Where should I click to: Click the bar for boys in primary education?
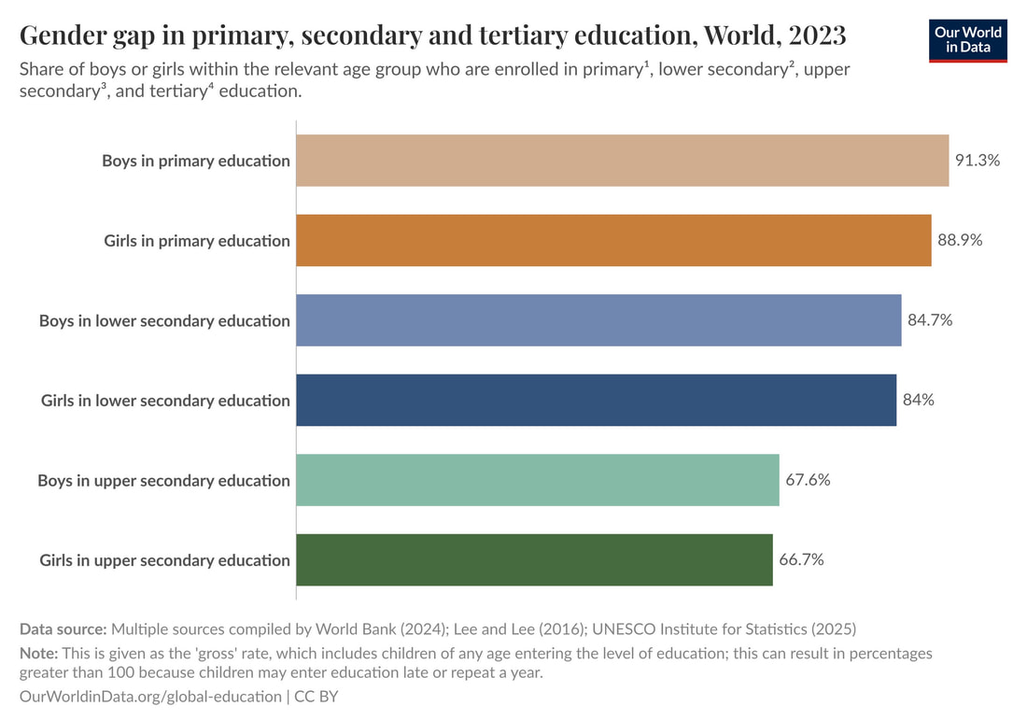click(x=622, y=161)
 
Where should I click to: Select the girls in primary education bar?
click(x=613, y=240)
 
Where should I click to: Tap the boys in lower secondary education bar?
click(x=598, y=320)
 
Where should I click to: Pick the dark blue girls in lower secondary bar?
click(x=596, y=400)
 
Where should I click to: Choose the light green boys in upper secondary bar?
click(x=537, y=480)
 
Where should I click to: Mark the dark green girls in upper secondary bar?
click(x=534, y=560)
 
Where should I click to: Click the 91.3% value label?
click(x=978, y=161)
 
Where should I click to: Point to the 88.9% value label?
click(x=960, y=240)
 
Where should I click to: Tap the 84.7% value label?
click(x=930, y=320)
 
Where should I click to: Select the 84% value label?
click(x=919, y=400)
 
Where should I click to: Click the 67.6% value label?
click(x=808, y=480)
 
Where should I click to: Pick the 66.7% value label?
click(x=801, y=560)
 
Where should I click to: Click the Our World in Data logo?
click(x=968, y=39)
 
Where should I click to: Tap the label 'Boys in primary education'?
click(x=196, y=161)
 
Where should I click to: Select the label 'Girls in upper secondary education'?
click(x=164, y=560)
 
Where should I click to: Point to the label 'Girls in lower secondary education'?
click(x=165, y=400)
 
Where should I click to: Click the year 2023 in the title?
click(x=817, y=35)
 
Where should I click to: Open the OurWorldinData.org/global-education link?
click(x=149, y=696)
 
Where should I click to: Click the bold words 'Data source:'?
click(x=63, y=628)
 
